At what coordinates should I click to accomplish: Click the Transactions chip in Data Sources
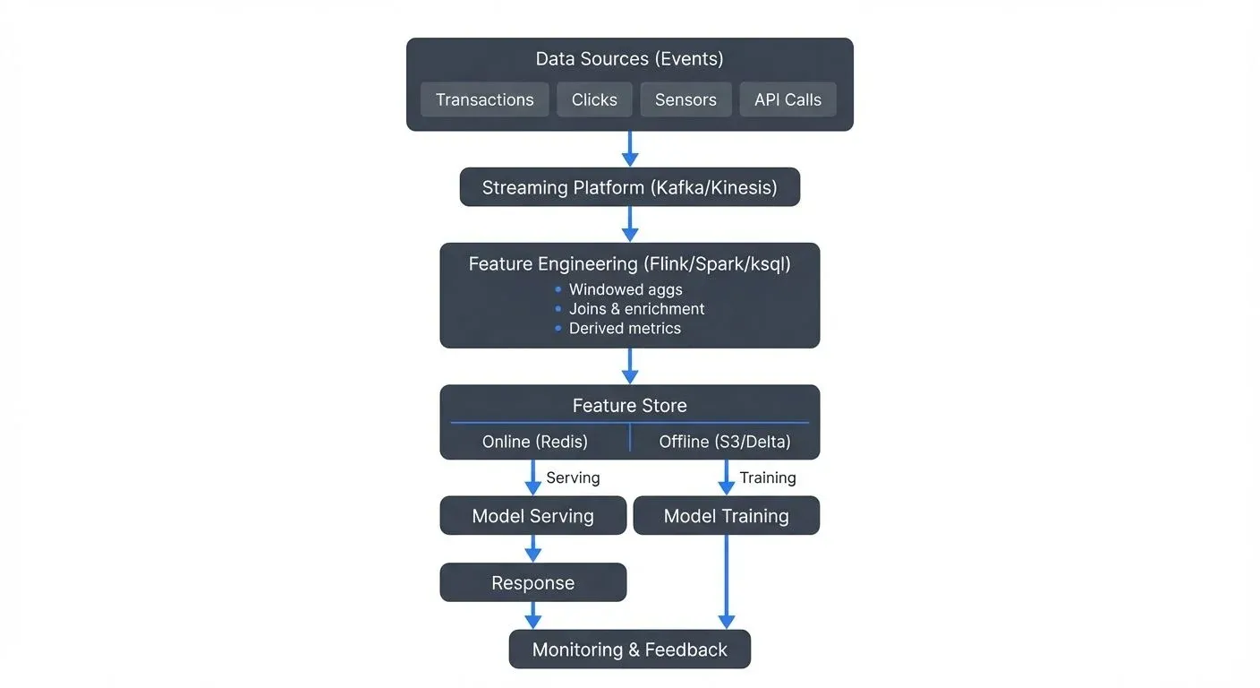[x=484, y=99]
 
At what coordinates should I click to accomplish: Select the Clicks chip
[x=594, y=99]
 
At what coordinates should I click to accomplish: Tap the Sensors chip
[x=685, y=99]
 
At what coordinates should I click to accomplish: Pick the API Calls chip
[x=787, y=99]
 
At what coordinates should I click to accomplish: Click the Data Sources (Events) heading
[x=629, y=59]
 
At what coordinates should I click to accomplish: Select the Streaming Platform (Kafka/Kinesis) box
[x=629, y=188]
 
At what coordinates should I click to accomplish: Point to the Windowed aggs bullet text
[x=626, y=289]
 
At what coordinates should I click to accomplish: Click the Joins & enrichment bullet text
[x=636, y=309]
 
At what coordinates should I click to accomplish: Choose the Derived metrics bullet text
[x=625, y=329]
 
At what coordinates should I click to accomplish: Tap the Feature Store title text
[x=629, y=406]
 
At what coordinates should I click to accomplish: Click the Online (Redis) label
[x=534, y=442]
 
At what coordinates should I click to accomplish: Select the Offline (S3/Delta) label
[x=725, y=442]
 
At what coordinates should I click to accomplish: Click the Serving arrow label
[x=573, y=478]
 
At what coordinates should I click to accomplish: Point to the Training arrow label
[x=767, y=478]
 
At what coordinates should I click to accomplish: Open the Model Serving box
[x=532, y=516]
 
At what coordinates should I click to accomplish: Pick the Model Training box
[x=726, y=516]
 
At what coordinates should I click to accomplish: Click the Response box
[x=532, y=583]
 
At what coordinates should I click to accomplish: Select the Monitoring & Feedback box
[x=629, y=649]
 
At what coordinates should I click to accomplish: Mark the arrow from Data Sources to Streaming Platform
[x=630, y=149]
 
